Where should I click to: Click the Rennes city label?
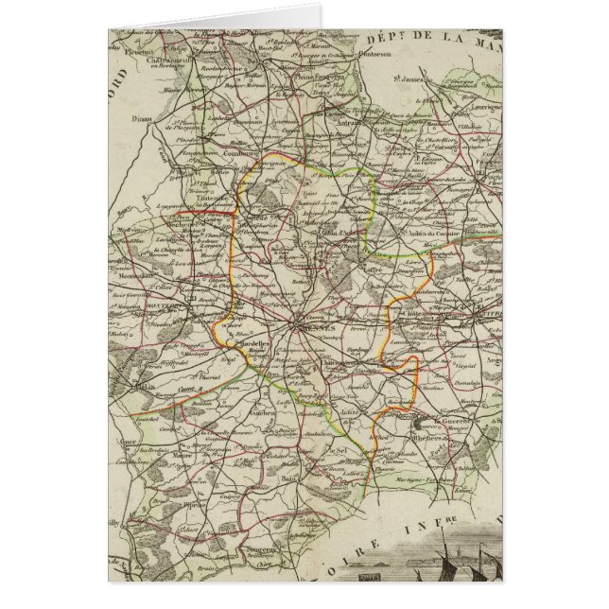[323, 331]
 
